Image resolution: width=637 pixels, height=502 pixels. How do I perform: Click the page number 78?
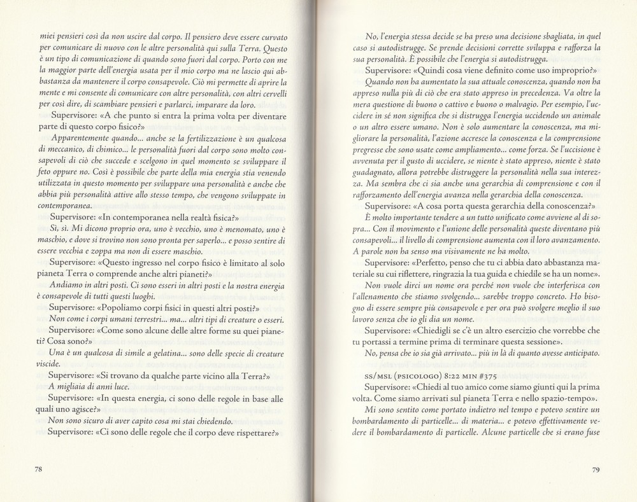tap(38, 470)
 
